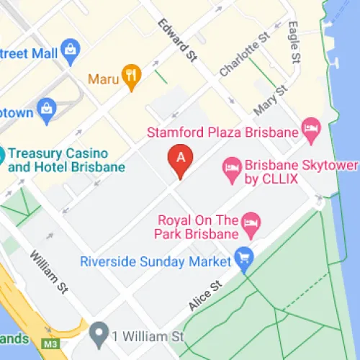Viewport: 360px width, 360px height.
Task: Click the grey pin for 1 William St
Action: coord(99,334)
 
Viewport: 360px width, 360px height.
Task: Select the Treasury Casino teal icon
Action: coord(2,154)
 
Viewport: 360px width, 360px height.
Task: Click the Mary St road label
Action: coord(271,100)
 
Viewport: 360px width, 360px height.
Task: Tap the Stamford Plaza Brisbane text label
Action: coord(222,132)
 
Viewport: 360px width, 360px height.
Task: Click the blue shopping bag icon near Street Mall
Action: coord(71,49)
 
